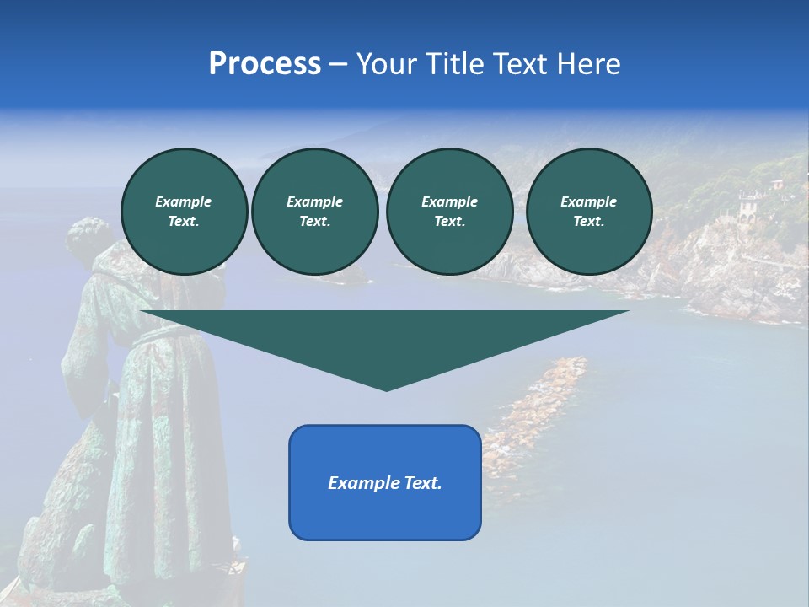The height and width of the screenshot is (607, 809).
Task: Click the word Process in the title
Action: [x=265, y=64]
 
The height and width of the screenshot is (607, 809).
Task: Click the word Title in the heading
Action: [x=454, y=64]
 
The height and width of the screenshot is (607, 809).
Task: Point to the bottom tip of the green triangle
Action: [x=386, y=389]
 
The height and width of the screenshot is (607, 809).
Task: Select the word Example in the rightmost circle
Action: [x=588, y=201]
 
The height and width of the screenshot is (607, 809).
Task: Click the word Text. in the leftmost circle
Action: [x=184, y=221]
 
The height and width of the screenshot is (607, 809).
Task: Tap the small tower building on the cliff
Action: [x=747, y=205]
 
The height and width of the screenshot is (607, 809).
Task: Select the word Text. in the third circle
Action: [x=449, y=221]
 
